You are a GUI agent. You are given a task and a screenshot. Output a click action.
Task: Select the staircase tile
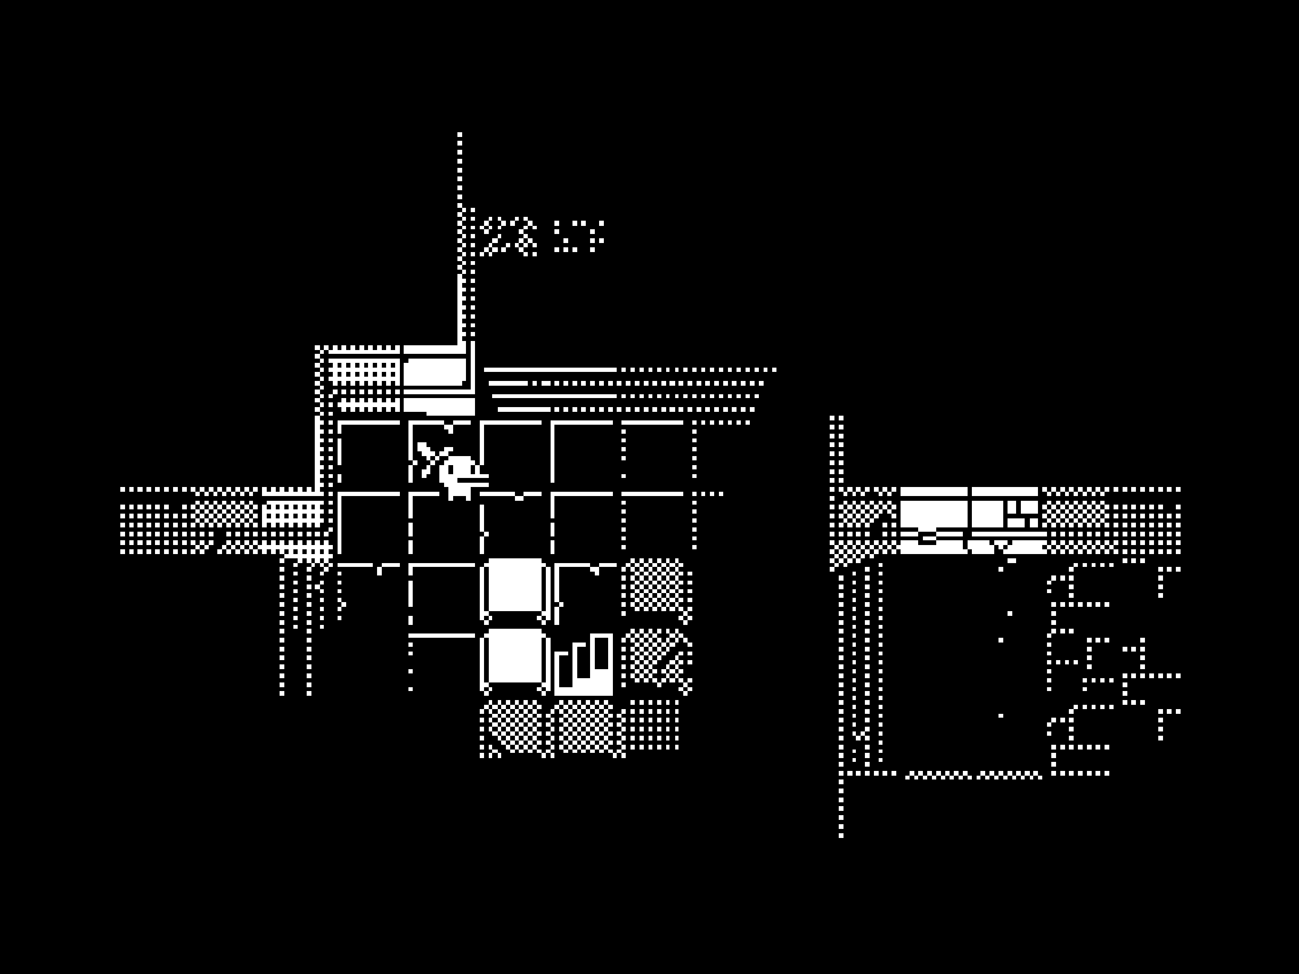[583, 664]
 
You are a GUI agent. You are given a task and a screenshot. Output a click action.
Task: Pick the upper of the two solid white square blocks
[515, 585]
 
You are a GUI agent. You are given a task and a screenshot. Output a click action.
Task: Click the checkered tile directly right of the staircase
[657, 658]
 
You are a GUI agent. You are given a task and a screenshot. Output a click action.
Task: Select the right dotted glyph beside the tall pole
[579, 236]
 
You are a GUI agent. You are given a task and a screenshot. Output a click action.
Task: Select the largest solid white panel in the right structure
[933, 514]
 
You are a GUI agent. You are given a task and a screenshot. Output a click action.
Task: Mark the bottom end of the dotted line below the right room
[841, 834]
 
